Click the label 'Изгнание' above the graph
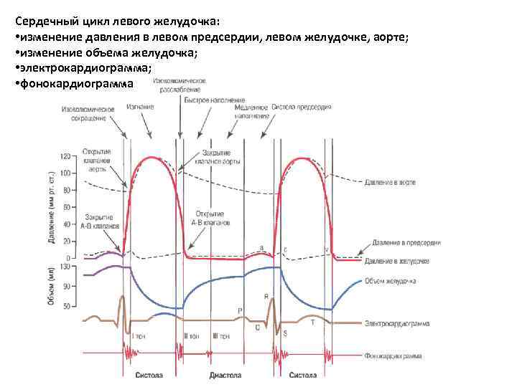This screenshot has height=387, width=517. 140,107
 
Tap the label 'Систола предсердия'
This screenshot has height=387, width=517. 301,107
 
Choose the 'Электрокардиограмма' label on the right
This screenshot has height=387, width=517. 397,324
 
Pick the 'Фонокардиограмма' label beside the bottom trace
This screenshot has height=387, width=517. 393,355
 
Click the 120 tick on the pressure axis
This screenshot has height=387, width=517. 65,156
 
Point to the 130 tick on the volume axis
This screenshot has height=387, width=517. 65,267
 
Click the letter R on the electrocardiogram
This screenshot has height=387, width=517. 266,295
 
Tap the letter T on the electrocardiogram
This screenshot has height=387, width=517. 312,322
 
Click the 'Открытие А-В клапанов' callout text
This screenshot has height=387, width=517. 210,219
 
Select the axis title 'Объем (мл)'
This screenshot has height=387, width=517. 52,287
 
